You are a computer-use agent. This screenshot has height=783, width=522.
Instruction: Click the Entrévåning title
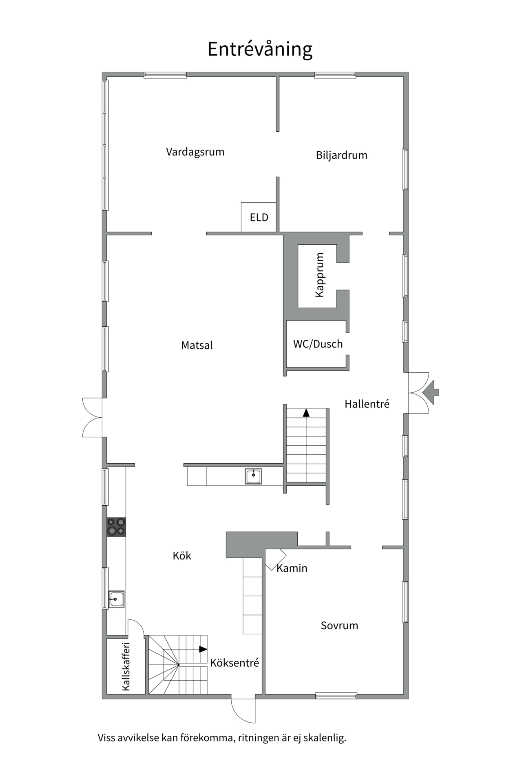tap(260, 49)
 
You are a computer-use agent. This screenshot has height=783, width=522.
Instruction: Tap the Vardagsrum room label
tap(195, 152)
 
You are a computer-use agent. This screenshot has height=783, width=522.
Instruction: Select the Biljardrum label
tap(341, 155)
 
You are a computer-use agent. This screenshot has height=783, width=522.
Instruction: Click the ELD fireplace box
tap(259, 217)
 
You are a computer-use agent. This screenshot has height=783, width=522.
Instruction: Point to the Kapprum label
tap(319, 275)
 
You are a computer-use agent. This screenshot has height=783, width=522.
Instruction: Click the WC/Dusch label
tap(318, 344)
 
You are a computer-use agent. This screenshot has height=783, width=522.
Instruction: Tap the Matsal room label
tap(197, 345)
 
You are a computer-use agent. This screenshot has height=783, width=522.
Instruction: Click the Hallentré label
tap(367, 404)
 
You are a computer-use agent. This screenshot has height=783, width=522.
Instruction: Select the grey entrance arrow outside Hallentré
tap(431, 392)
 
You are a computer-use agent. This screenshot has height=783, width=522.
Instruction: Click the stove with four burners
tap(116, 526)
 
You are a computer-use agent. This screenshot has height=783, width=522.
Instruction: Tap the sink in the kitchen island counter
tap(253, 476)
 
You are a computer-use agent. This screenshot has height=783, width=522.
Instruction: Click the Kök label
tap(182, 556)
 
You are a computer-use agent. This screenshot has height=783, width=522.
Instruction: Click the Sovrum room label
tap(339, 626)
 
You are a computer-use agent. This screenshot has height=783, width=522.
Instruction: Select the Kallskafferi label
tap(126, 666)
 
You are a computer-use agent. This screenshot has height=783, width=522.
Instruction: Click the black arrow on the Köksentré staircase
tap(203, 649)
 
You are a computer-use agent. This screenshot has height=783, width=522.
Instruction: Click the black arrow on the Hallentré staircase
tap(306, 413)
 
